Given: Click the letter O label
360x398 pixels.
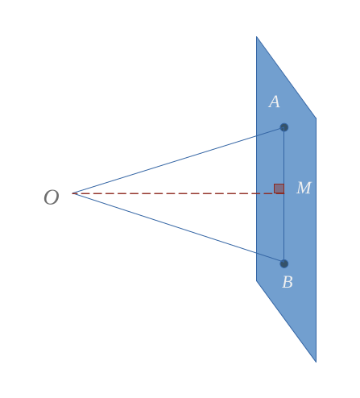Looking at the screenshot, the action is [x=52, y=197].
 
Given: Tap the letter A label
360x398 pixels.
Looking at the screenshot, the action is [x=275, y=102].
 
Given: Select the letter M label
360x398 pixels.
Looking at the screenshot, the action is [x=304, y=188].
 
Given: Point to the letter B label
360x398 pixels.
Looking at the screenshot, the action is [x=288, y=282].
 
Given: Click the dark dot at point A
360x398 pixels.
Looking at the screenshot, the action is [x=284, y=127].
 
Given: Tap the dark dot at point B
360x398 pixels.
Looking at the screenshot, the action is [x=284, y=263].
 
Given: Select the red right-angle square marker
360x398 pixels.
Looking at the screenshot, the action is [x=279, y=189].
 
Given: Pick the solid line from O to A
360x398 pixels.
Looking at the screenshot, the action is [x=178, y=160].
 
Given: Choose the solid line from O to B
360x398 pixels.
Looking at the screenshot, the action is [x=178, y=229].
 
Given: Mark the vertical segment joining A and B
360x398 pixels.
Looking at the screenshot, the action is [x=284, y=196].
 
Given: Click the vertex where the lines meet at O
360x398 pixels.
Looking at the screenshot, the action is [x=72, y=193].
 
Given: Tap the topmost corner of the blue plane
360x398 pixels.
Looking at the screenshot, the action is [x=257, y=36].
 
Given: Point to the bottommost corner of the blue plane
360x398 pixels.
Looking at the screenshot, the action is [x=316, y=363].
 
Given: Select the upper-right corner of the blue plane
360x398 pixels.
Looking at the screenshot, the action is [x=316, y=118].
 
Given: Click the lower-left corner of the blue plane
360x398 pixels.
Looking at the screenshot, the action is [x=257, y=280].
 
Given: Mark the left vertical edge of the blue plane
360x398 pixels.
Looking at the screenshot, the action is [x=257, y=159].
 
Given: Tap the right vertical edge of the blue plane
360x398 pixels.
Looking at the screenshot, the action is [x=316, y=240].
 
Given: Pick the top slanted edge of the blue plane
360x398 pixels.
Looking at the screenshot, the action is [x=286, y=77].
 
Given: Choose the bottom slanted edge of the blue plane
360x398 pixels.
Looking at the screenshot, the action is [x=286, y=321].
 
